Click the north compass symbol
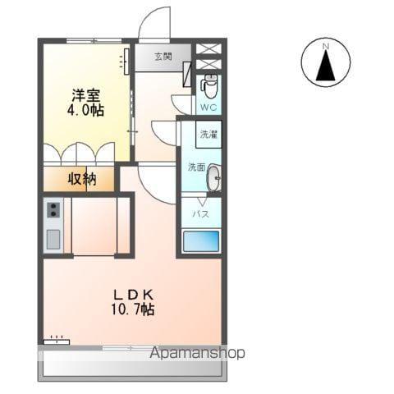[x=327, y=64]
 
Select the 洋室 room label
[x=85, y=93]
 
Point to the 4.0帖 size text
[x=85, y=109]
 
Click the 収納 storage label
[x=82, y=178]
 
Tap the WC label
[x=208, y=106]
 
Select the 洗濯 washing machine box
[x=208, y=134]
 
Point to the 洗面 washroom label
[x=196, y=167]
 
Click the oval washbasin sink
[x=213, y=178]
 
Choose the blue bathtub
[x=201, y=241]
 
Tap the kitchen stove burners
[x=53, y=211]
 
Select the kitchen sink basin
[x=53, y=239]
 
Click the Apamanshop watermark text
[x=198, y=353]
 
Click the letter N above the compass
[x=326, y=45]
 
